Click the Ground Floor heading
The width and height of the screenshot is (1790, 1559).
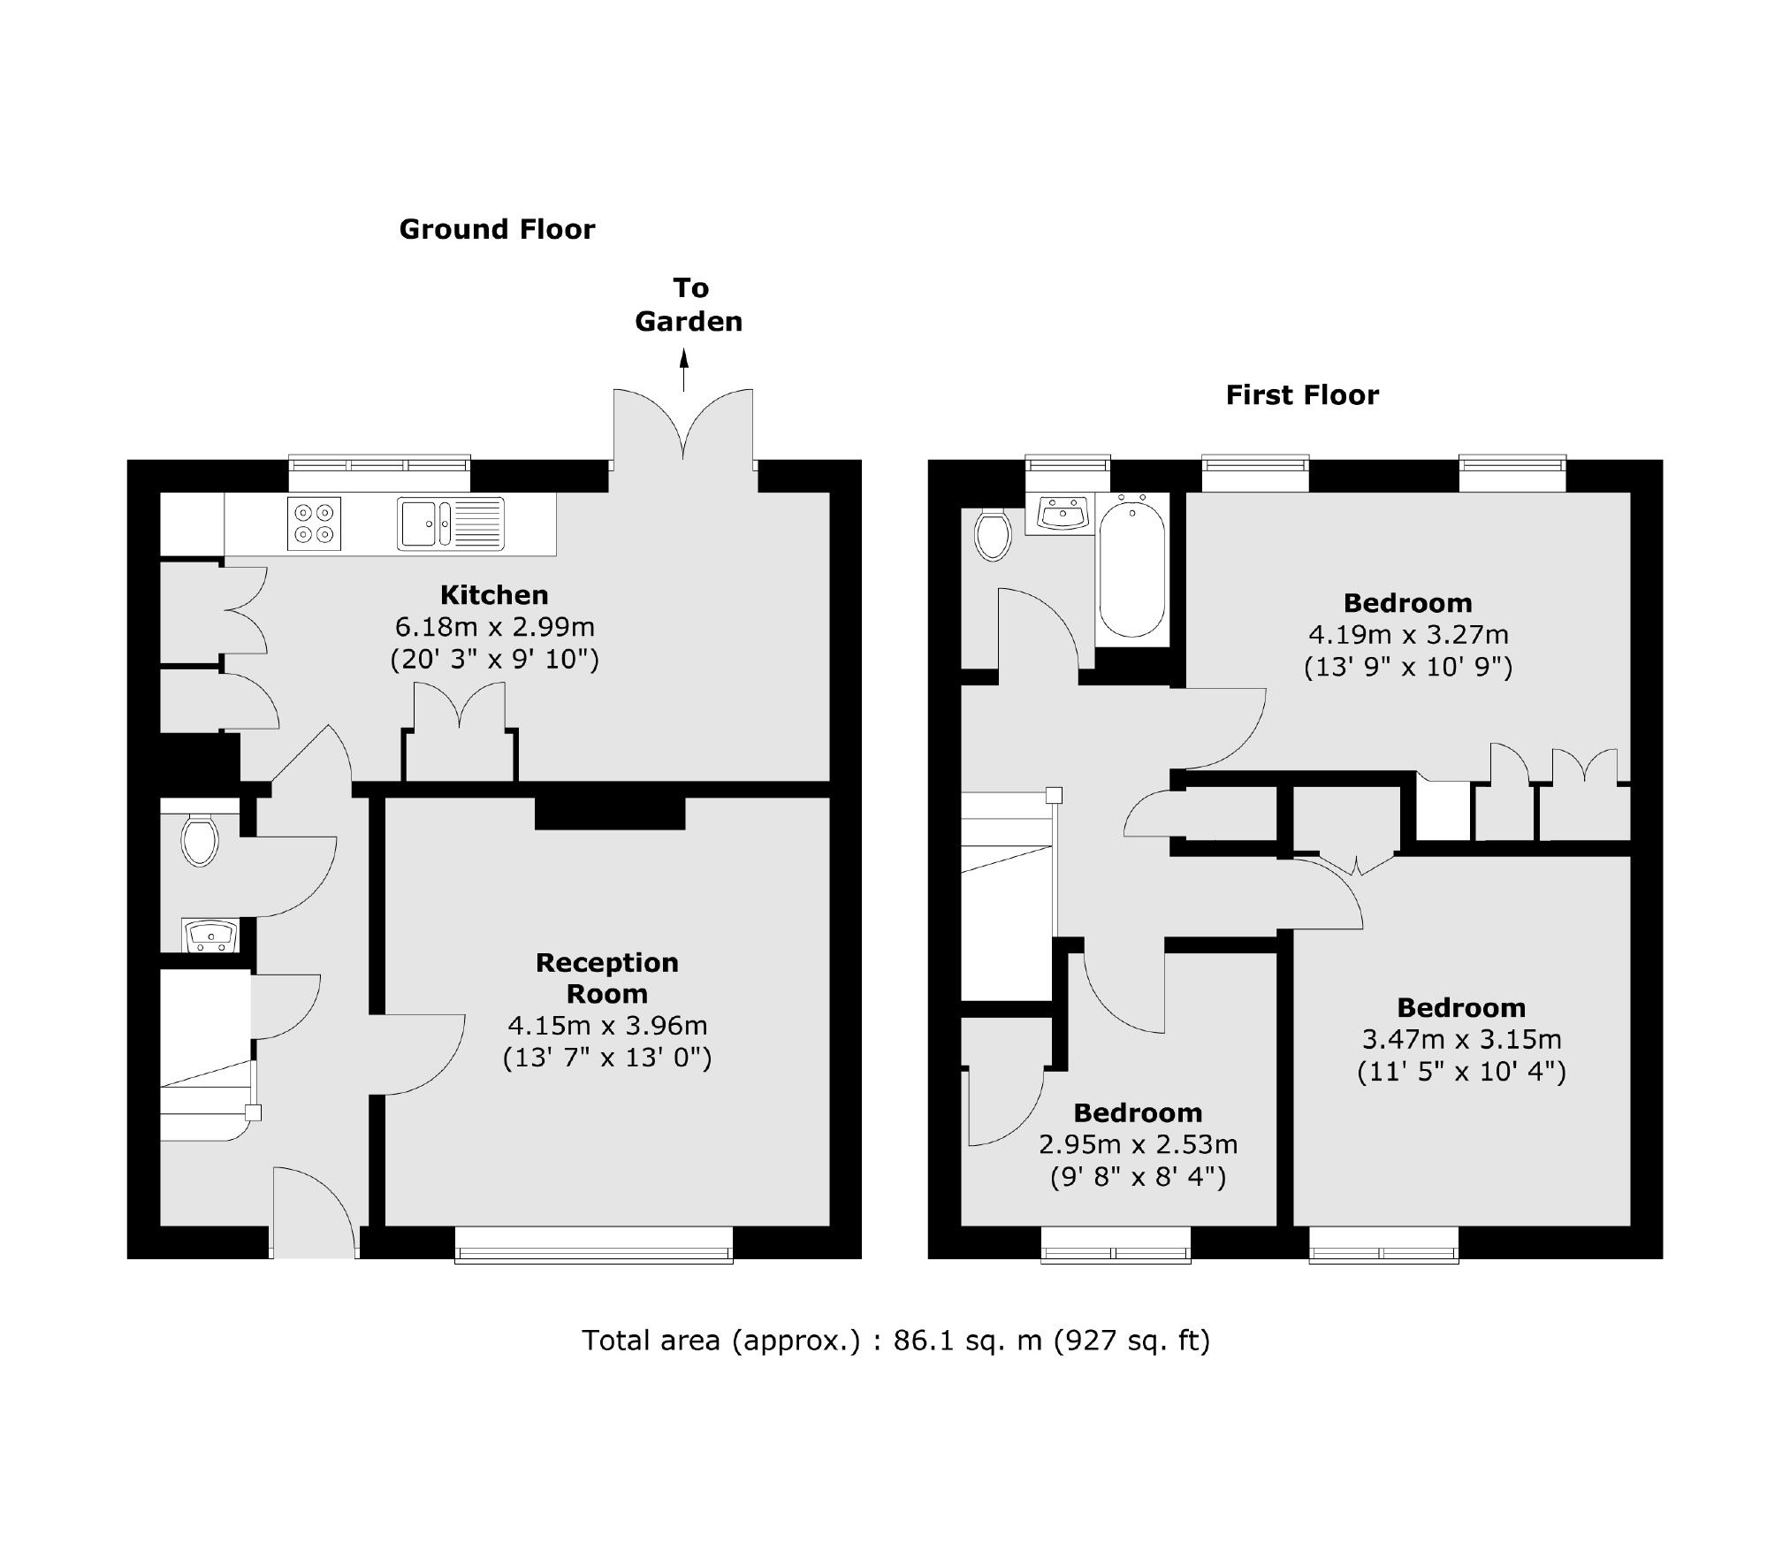click(497, 230)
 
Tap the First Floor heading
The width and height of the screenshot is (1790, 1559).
click(1301, 395)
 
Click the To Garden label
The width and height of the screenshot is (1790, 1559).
click(689, 305)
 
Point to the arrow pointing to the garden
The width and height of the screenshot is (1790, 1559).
click(683, 370)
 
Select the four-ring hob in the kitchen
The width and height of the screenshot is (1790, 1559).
click(314, 523)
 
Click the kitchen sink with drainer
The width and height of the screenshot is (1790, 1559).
click(450, 523)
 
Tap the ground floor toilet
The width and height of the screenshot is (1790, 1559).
click(200, 840)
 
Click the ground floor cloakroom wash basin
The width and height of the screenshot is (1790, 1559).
click(209, 935)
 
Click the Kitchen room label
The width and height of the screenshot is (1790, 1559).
click(494, 595)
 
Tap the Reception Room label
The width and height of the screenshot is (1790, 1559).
click(606, 978)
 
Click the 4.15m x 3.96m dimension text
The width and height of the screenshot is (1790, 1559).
click(606, 1026)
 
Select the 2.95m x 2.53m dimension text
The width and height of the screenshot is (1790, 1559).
click(1138, 1145)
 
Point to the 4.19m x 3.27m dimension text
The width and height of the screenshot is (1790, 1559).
click(1407, 635)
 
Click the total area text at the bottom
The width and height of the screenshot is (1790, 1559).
click(895, 1341)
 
